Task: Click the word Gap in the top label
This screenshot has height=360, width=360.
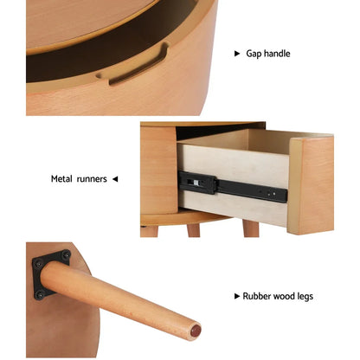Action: (x=253, y=54)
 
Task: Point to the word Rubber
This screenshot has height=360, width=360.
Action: (x=258, y=297)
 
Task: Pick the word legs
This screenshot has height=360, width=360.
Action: (x=307, y=297)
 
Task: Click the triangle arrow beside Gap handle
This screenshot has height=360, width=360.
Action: (x=237, y=54)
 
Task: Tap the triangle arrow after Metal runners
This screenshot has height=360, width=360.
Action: (x=115, y=180)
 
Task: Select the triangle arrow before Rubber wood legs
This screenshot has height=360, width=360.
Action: (x=237, y=297)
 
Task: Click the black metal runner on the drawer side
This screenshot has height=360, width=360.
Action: (x=234, y=185)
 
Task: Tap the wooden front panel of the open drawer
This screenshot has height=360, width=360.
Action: (x=310, y=183)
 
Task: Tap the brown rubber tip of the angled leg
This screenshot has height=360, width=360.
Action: (x=196, y=331)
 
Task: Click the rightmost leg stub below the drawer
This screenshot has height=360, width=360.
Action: (x=250, y=228)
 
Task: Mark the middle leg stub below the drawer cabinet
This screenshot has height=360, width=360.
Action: (x=193, y=230)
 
